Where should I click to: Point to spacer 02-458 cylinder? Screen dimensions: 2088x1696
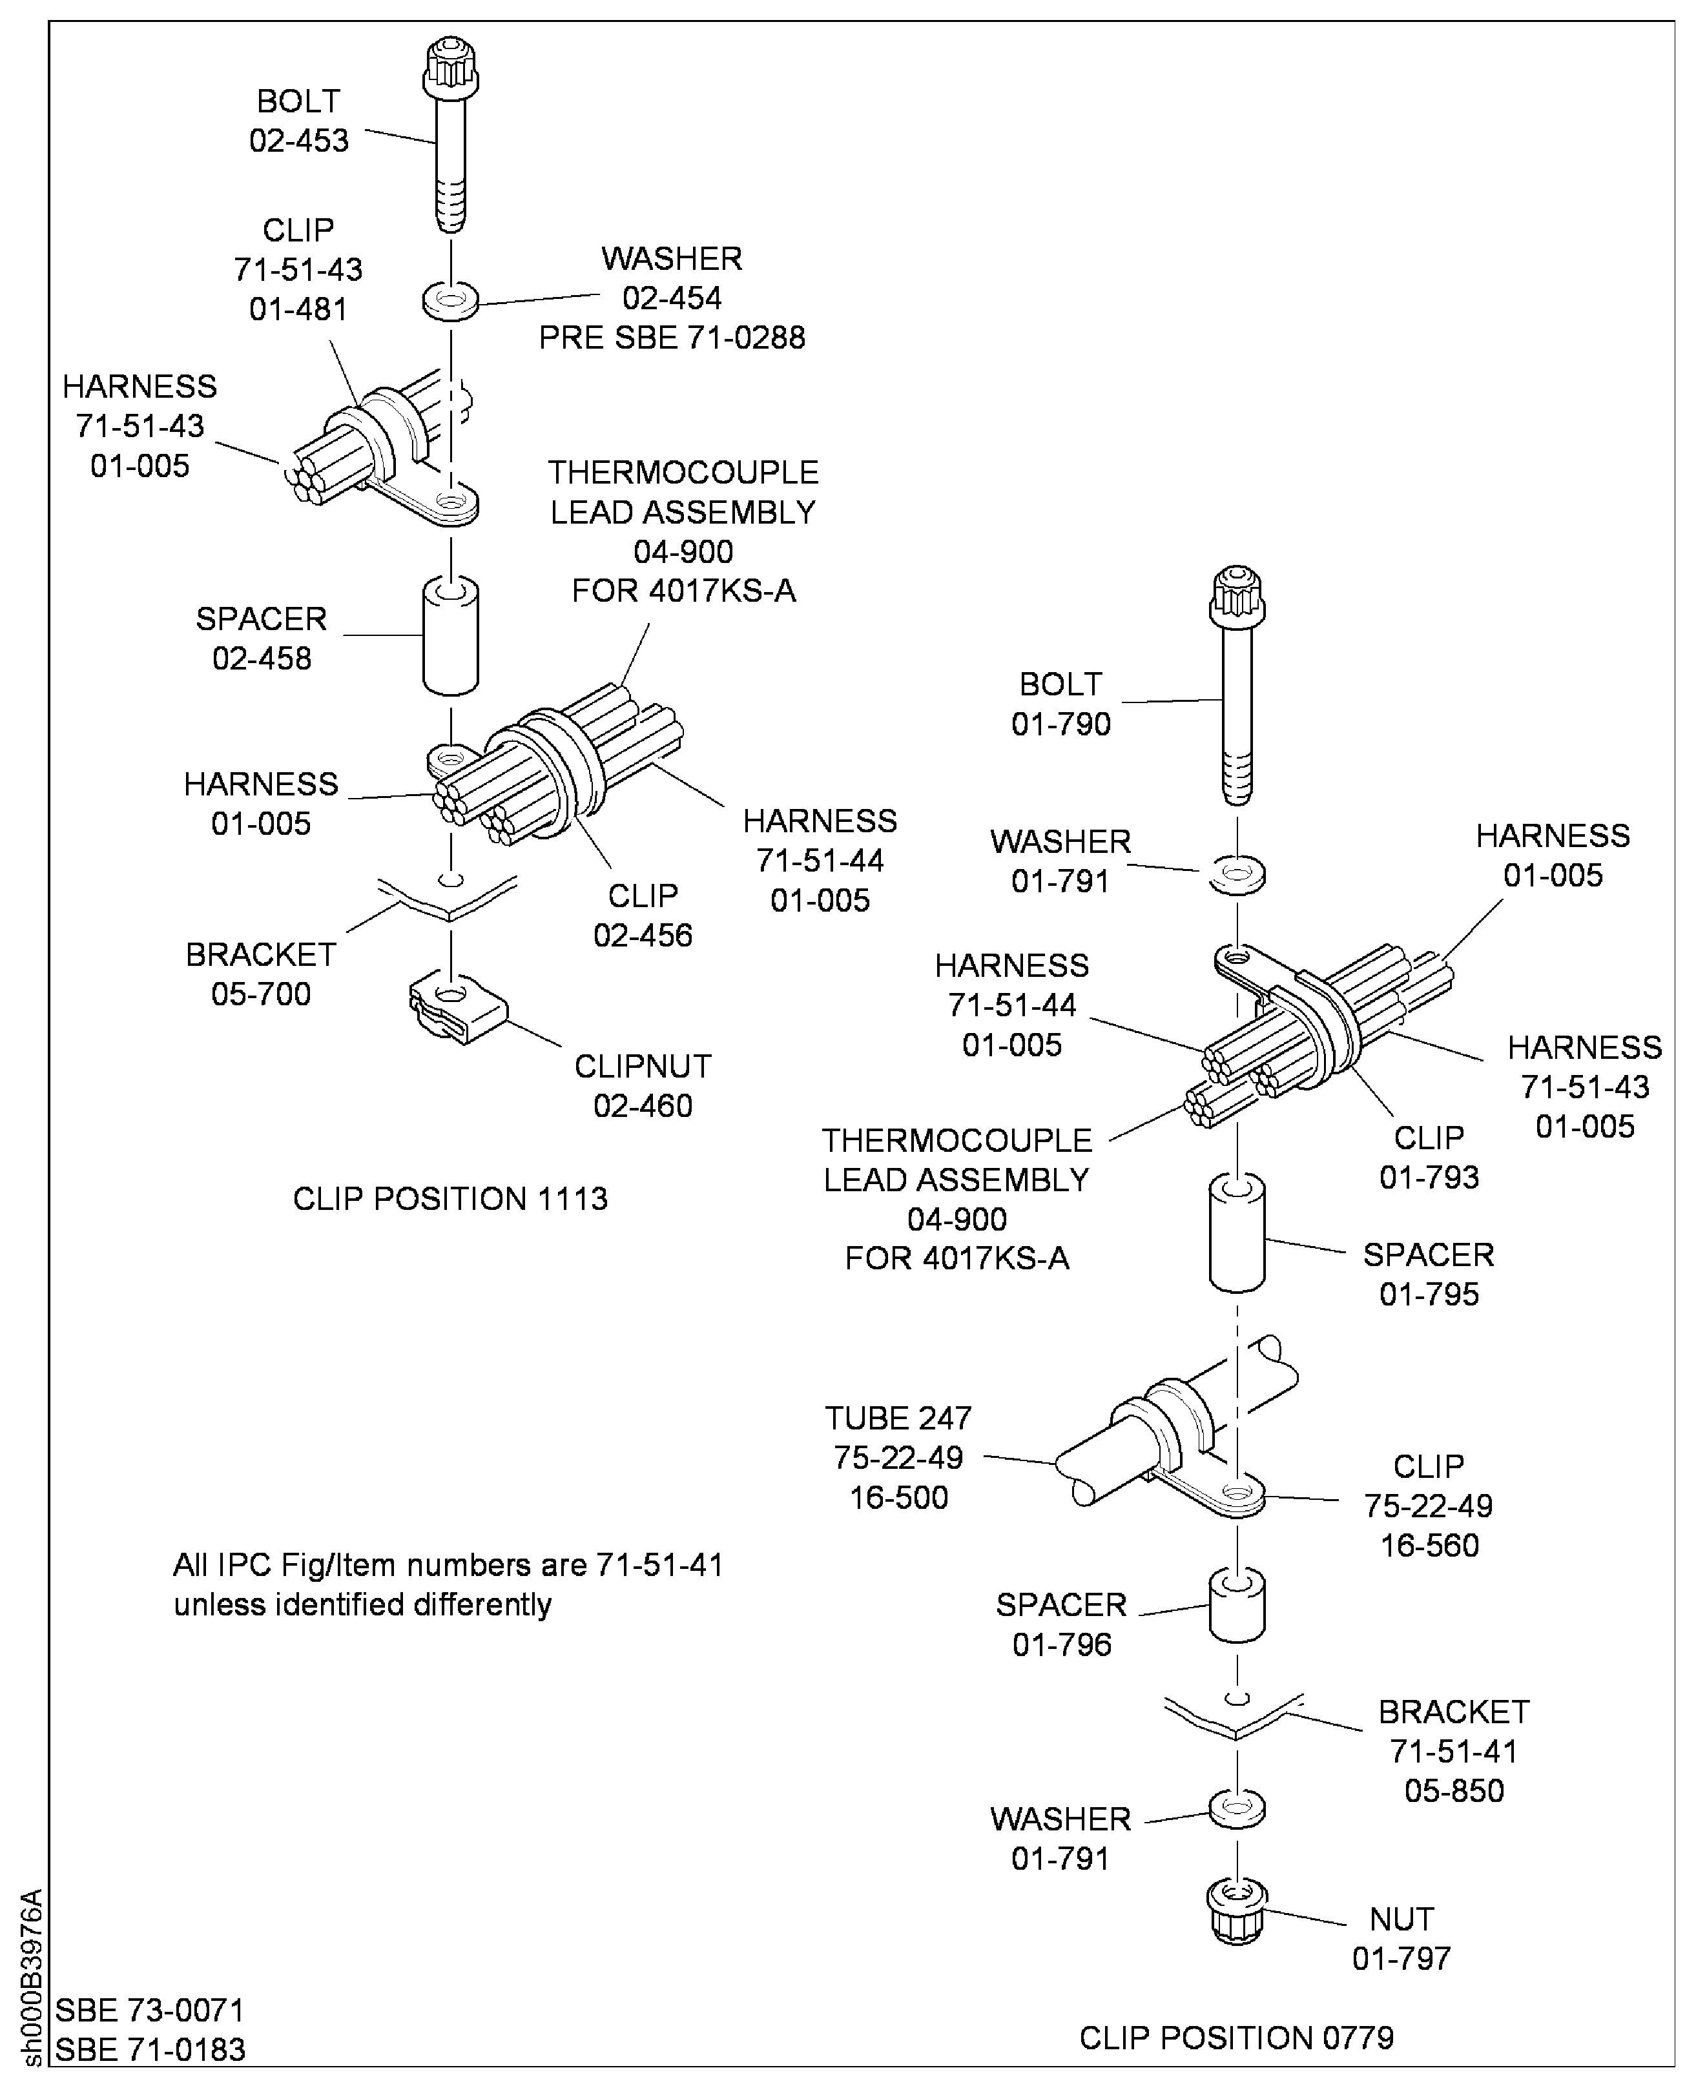click(x=450, y=636)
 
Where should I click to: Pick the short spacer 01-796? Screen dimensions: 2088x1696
click(x=1237, y=1606)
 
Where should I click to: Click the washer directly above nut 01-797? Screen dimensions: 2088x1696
click(x=1237, y=1808)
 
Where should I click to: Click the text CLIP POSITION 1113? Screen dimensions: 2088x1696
click(x=450, y=1198)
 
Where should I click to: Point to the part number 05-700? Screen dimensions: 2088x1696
click(x=261, y=994)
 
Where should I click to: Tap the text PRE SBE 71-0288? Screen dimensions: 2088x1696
click(x=672, y=338)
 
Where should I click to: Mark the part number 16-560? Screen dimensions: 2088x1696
click(x=1429, y=1545)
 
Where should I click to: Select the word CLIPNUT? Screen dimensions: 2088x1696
click(x=643, y=1067)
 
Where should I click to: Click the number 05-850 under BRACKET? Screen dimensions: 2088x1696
click(x=1454, y=1790)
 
